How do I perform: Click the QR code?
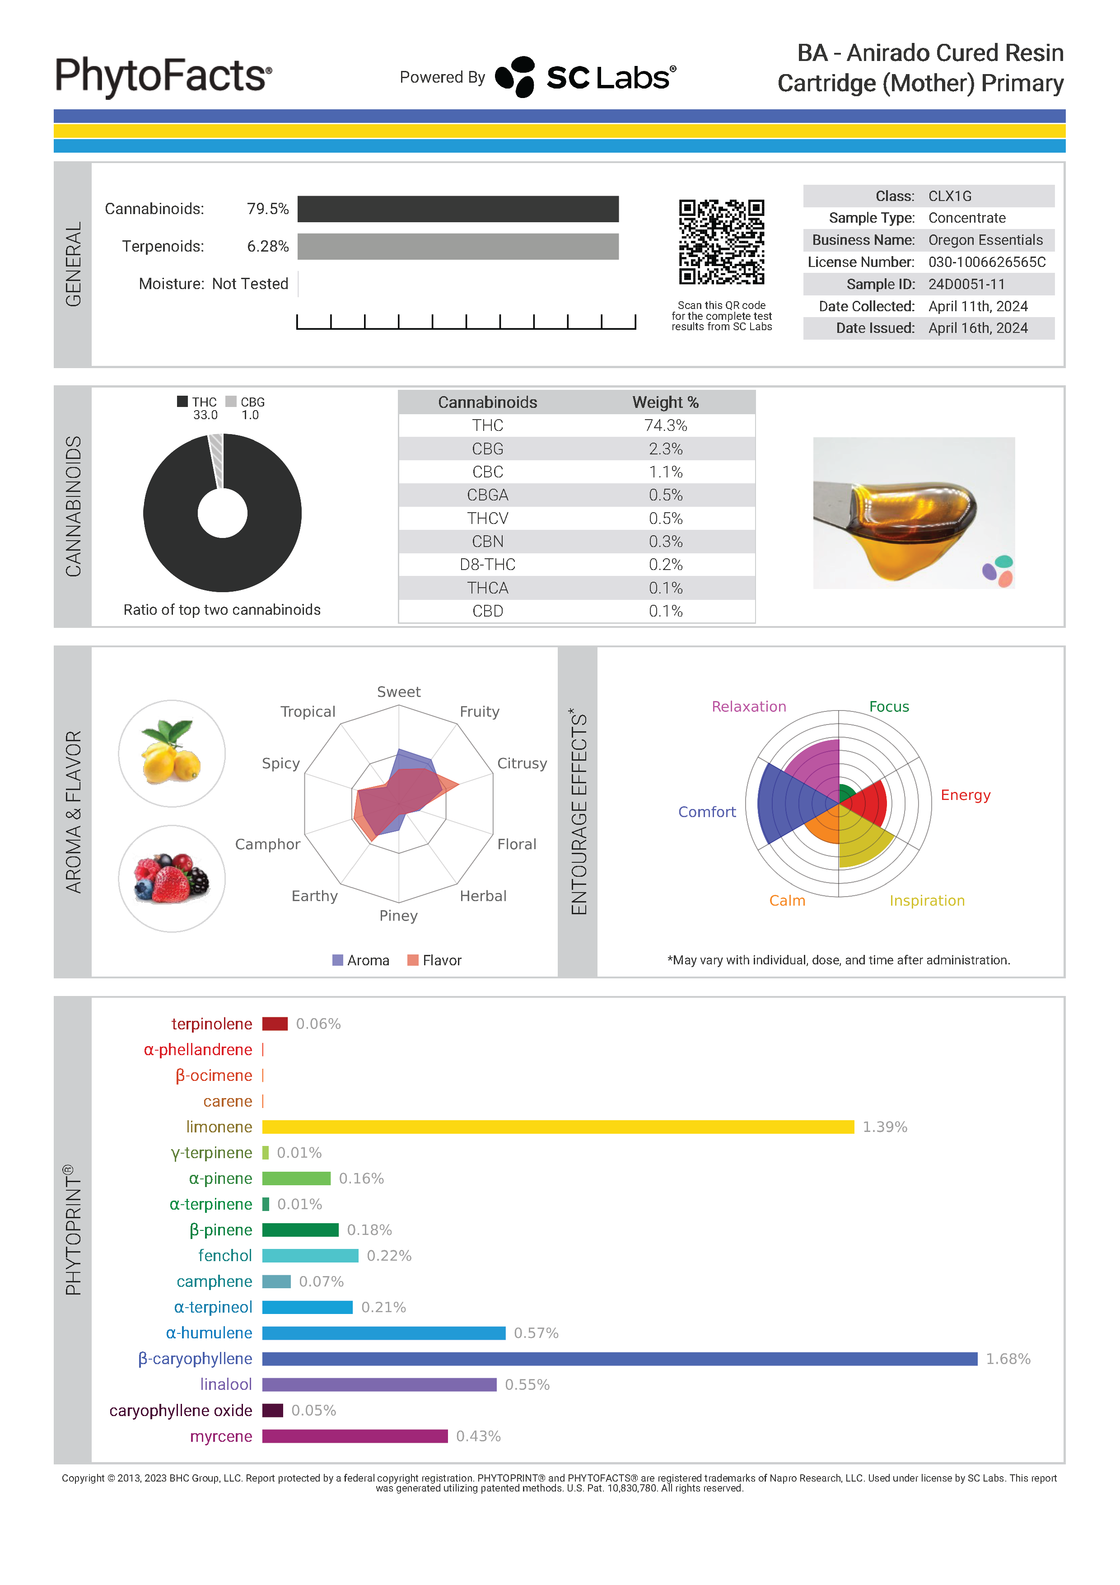[721, 242]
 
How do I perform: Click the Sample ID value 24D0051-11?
[966, 285]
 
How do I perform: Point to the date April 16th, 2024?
[978, 328]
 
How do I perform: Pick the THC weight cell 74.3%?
[665, 425]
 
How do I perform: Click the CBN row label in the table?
[487, 541]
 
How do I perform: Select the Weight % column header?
[665, 402]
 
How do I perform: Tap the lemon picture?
[171, 753]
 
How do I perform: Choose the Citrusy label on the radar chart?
[522, 763]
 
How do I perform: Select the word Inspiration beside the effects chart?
[927, 901]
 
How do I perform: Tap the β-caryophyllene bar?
[619, 1359]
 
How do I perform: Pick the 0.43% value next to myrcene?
[478, 1436]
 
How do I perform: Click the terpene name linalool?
[226, 1385]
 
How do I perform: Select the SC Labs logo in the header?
[585, 77]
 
